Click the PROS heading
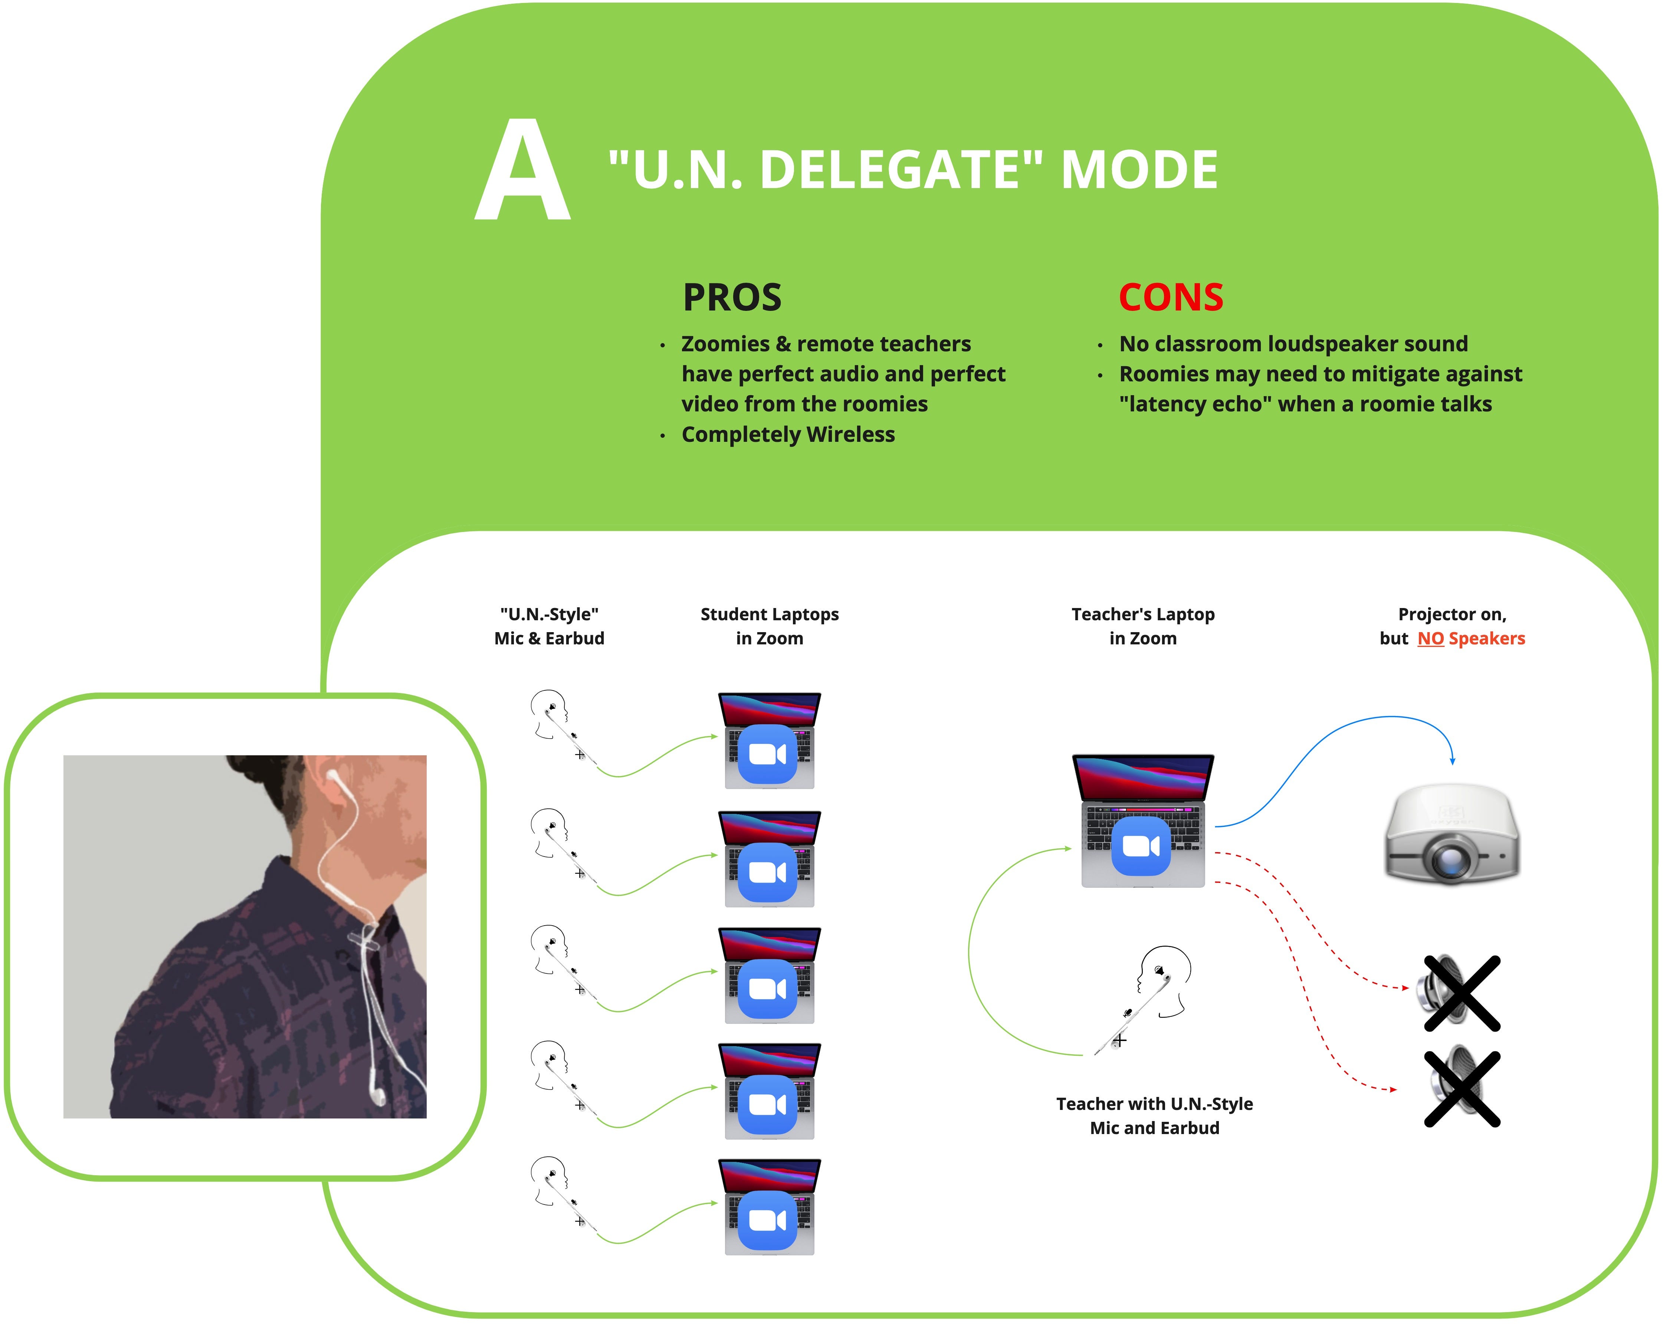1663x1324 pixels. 732,298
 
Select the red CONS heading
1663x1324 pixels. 1171,298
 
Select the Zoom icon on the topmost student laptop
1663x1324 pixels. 767,753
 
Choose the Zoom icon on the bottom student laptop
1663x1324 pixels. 767,1220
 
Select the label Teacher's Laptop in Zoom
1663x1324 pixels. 1143,626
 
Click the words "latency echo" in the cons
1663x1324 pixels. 1195,404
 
